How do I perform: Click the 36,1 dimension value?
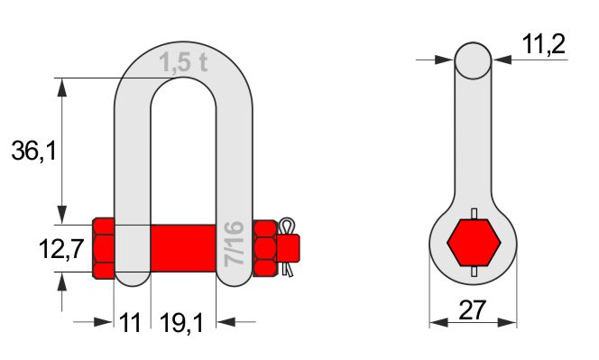(33, 150)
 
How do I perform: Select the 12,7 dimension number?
(61, 249)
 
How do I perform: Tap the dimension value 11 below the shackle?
(130, 322)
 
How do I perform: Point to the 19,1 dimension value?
(182, 323)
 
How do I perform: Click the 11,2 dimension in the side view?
(543, 44)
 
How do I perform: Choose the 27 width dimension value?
(473, 310)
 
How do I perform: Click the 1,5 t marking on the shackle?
(183, 62)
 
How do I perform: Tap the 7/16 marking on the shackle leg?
(234, 244)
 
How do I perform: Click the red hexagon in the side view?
(474, 243)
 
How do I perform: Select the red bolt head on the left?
(104, 248)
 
